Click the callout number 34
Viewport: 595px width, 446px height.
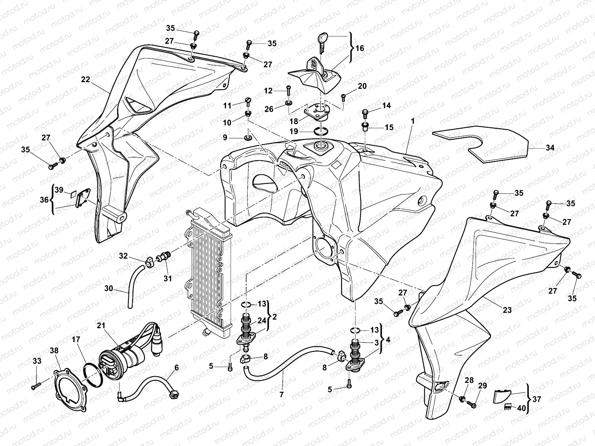coord(550,148)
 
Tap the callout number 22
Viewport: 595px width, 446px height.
coord(86,79)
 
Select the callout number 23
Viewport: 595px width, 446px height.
coord(507,310)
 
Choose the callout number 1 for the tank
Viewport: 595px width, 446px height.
coord(412,121)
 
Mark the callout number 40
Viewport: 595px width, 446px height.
coord(522,408)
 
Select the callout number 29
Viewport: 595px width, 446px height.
coord(482,386)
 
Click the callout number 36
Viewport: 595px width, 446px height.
coord(44,200)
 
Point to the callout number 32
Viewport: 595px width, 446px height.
coord(123,256)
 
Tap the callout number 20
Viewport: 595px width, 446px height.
coord(362,86)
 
